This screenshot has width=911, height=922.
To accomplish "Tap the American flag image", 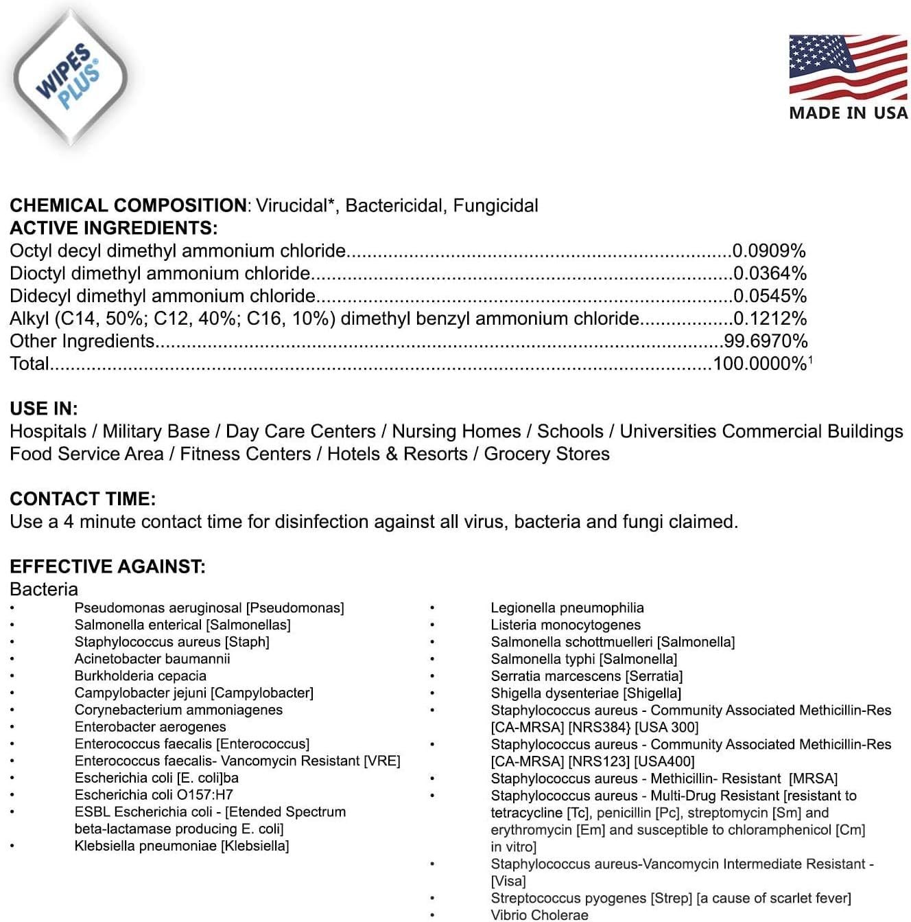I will click(848, 67).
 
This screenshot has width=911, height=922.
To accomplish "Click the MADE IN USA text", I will click(849, 113).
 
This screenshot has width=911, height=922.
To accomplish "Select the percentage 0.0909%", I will click(769, 251).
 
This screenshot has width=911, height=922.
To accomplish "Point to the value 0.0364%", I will click(770, 273).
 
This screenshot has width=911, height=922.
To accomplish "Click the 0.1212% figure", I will click(770, 319).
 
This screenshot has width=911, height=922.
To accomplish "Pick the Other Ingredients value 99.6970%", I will click(766, 341).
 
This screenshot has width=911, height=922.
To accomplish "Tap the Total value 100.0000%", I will click(760, 364).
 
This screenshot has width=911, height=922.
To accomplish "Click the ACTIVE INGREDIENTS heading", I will click(113, 228).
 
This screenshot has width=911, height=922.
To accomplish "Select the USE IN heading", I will click(44, 408).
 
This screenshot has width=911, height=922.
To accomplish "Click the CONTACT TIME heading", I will click(82, 499).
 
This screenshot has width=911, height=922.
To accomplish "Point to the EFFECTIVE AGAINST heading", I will click(108, 566).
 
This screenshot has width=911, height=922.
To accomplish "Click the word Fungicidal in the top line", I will click(495, 205).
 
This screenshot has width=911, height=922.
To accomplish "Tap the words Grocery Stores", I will click(547, 454).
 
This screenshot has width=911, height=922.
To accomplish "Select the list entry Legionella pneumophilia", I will click(567, 608).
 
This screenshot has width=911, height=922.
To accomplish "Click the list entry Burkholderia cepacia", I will click(140, 676).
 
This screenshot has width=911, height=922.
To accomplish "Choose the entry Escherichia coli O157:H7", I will click(154, 795).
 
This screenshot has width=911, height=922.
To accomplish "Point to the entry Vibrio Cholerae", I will click(539, 914).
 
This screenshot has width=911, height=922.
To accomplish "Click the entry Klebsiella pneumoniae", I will click(181, 846).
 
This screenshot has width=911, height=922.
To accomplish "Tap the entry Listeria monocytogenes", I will click(565, 625).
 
